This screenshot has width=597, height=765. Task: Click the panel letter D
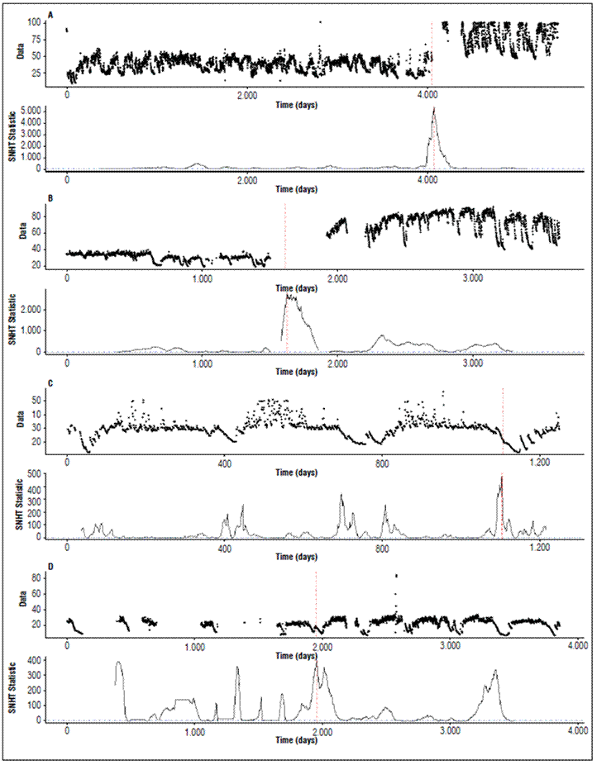tap(51, 566)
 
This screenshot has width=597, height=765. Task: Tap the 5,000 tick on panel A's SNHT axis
tap(50, 109)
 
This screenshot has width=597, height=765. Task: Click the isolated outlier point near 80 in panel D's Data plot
tap(397, 576)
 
